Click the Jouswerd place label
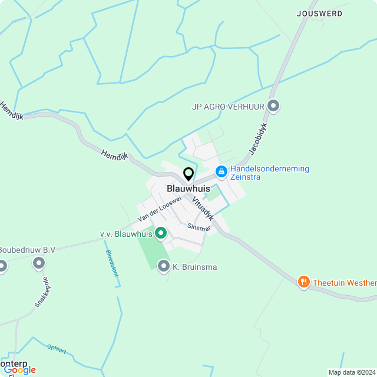point(320,13)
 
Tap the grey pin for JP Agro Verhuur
point(273,106)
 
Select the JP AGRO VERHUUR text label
point(227,107)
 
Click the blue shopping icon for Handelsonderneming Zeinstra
point(221,172)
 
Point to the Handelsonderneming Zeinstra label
point(269,173)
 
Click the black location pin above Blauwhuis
point(188,174)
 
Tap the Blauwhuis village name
point(188,188)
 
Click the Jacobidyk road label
point(259,139)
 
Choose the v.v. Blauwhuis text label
point(125,234)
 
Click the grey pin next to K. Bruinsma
point(163,266)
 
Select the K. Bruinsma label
point(194,267)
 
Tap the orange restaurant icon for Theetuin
point(303,282)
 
